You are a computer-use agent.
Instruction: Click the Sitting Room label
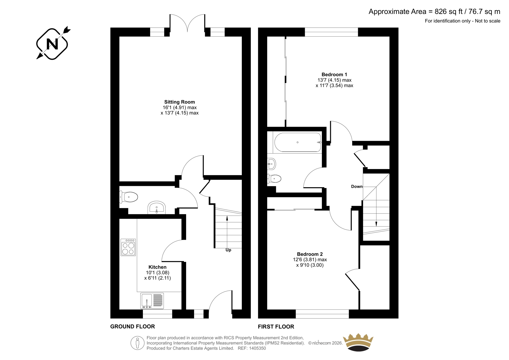pos(179,102)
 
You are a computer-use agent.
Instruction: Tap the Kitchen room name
pos(157,267)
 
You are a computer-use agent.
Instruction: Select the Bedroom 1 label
pos(334,74)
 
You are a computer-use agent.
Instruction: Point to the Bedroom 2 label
pos(310,254)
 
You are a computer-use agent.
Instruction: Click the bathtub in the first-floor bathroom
pos(297,142)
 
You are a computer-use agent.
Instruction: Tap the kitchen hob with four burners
pos(128,247)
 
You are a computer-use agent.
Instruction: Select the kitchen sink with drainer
pos(152,301)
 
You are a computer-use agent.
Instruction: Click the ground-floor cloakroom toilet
pos(129,197)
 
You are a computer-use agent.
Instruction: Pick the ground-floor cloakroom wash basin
pos(157,208)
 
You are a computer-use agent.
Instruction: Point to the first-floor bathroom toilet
pos(274,179)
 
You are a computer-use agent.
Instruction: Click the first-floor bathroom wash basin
pos(272,164)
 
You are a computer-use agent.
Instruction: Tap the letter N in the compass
pos(52,44)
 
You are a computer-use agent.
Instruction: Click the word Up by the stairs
pos(228,250)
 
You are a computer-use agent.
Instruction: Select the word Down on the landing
pos(357,187)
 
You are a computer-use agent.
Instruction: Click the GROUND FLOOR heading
pos(132,327)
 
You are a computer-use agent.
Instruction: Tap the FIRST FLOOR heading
pos(276,327)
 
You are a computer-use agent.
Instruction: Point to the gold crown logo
pos(358,342)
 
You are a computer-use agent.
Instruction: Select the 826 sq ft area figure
pos(449,11)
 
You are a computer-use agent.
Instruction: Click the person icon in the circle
pos(137,343)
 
